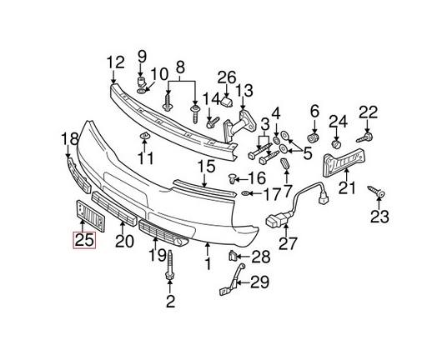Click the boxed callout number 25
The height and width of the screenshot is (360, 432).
tap(83, 241)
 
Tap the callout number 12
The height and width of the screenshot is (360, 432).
tap(114, 61)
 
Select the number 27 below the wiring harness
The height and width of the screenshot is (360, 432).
tap(289, 244)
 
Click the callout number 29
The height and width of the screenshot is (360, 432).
tap(259, 282)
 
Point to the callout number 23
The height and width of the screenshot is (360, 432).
tap(379, 218)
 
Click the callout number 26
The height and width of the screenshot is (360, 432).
tap(227, 78)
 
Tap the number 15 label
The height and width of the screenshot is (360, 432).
tap(206, 167)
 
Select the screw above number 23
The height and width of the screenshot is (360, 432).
tap(379, 193)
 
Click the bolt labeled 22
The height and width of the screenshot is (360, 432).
tap(365, 133)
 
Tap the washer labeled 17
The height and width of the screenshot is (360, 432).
tap(249, 194)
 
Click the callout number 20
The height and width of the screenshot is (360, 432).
tap(124, 242)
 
